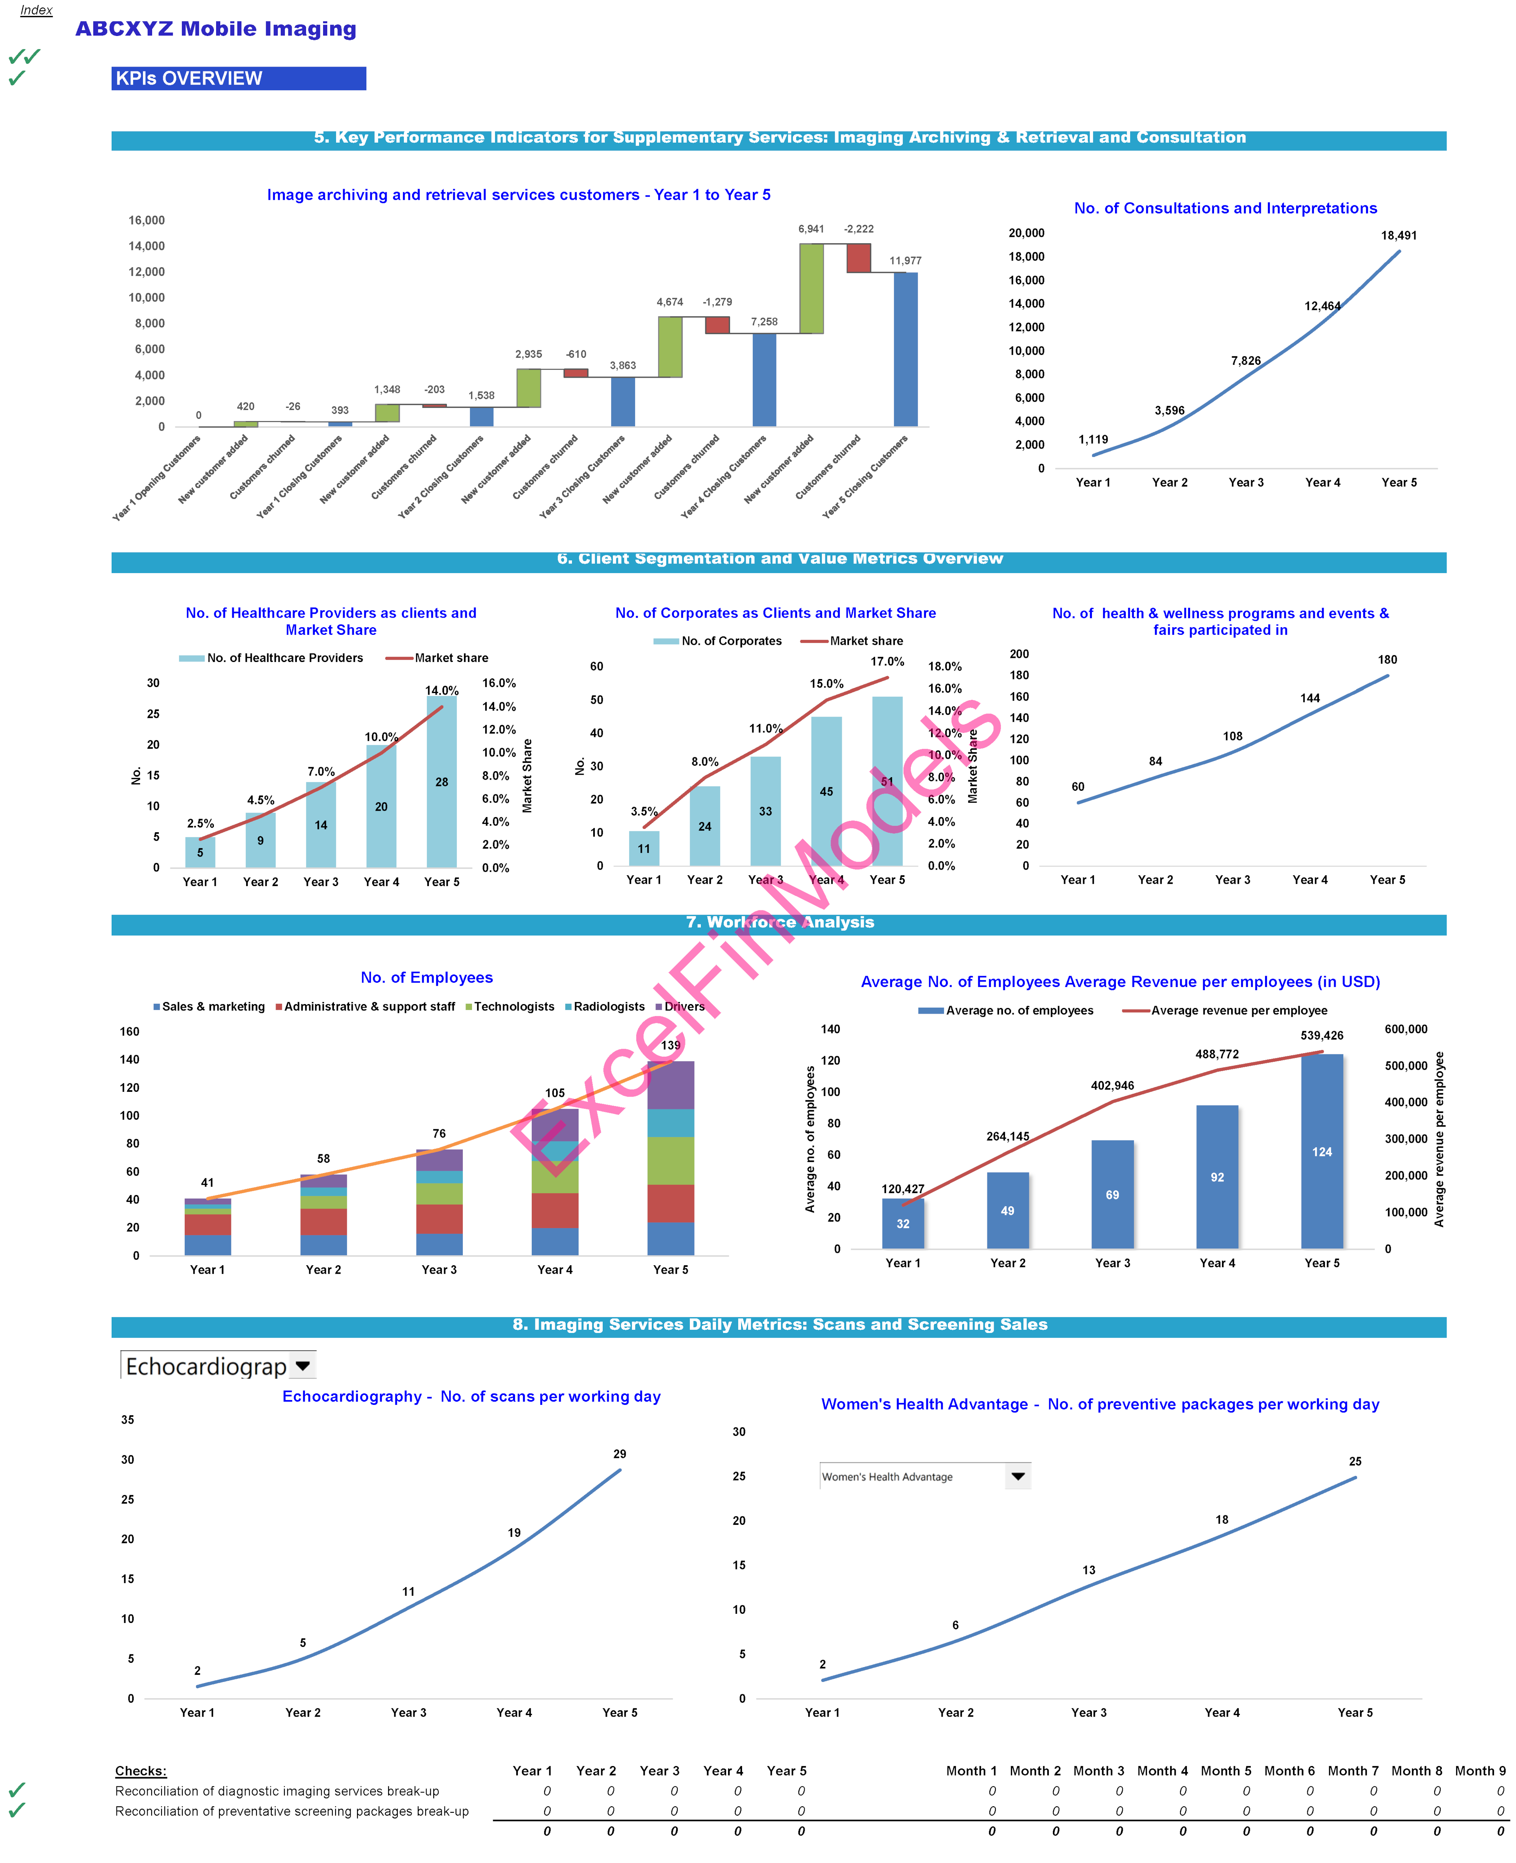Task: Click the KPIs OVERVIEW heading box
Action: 239,79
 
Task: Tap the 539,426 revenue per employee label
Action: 1321,1036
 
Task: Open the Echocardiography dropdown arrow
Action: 303,1365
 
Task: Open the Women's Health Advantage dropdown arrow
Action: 1017,1476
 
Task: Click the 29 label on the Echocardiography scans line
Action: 619,1453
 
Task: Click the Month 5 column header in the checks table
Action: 1225,1770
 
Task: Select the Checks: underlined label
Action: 140,1770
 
